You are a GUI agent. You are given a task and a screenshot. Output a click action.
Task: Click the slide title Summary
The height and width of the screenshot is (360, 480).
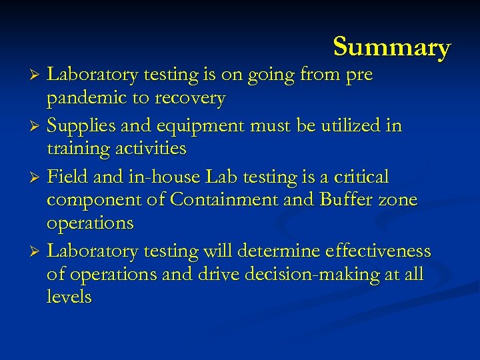point(392,47)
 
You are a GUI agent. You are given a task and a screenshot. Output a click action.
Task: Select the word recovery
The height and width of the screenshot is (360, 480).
point(190,99)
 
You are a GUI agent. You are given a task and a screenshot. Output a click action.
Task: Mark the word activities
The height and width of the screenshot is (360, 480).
point(151,148)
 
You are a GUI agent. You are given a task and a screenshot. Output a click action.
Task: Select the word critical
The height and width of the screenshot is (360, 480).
point(361,177)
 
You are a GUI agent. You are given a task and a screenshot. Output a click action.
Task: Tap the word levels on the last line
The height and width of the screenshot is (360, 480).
point(69,297)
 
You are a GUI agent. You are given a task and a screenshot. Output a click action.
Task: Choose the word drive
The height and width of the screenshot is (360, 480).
point(217,274)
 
